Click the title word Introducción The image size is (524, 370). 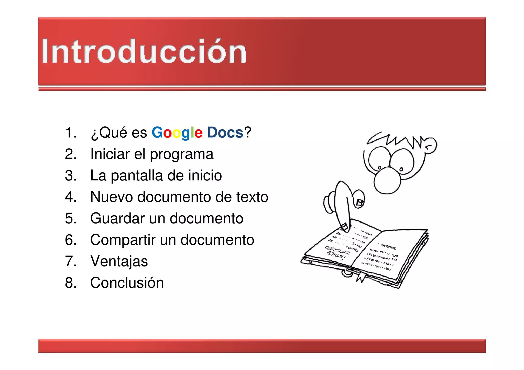click(144, 51)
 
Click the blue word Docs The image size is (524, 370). click(225, 132)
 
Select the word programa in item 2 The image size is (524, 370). click(181, 154)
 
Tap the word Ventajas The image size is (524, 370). click(119, 261)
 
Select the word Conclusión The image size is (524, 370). click(127, 283)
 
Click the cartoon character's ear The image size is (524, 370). click(430, 146)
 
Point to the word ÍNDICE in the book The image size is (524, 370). click(336, 254)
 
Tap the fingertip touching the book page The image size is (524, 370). click(345, 227)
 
